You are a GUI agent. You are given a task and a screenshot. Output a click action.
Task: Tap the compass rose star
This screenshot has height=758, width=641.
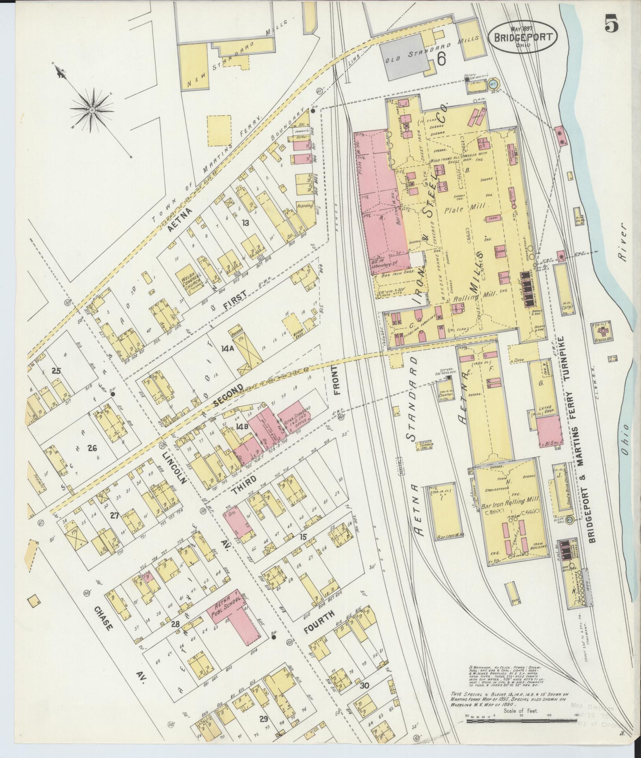click(91, 108)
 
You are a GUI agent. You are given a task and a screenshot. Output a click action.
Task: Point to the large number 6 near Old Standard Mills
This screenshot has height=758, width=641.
click(441, 59)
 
